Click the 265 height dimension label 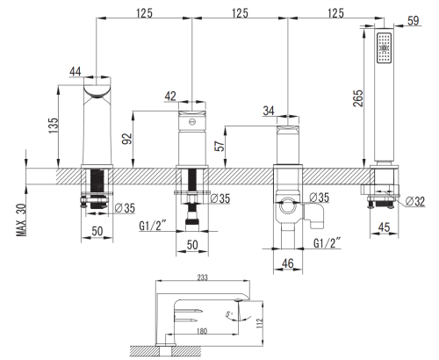click(358, 98)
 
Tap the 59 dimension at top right click(413, 21)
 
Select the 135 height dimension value click(54, 126)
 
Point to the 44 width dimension click(76, 71)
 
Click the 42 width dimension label click(170, 96)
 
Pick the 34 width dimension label click(269, 111)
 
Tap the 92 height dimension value click(127, 139)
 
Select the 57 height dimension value click(219, 145)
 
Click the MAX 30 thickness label click(21, 220)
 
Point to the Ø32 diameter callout click(415, 201)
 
